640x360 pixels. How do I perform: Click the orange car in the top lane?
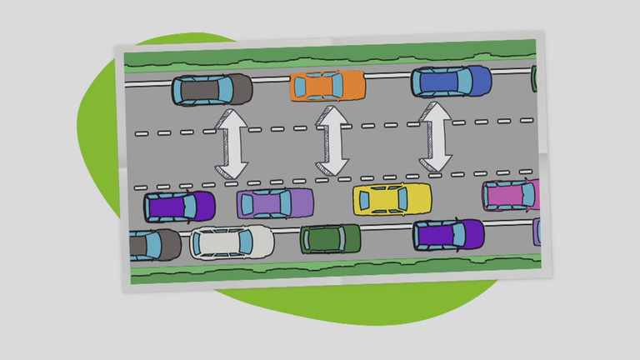click(x=327, y=86)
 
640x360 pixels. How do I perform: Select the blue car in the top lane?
click(x=451, y=82)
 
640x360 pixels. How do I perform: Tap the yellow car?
click(x=392, y=199)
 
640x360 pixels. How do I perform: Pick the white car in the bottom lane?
click(x=232, y=242)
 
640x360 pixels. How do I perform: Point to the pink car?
click(x=511, y=195)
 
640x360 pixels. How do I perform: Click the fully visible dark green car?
click(x=330, y=239)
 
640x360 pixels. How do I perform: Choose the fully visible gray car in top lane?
click(x=212, y=90)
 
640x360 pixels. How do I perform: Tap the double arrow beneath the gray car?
click(x=231, y=147)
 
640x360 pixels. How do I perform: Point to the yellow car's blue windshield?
click(x=410, y=199)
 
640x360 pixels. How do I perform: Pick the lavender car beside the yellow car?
click(x=275, y=202)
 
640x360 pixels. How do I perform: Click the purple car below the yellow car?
click(x=448, y=235)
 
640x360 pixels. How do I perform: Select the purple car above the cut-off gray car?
click(x=178, y=206)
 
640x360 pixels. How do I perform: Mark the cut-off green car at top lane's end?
click(x=533, y=78)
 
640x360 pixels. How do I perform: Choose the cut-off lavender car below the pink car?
click(x=537, y=230)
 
